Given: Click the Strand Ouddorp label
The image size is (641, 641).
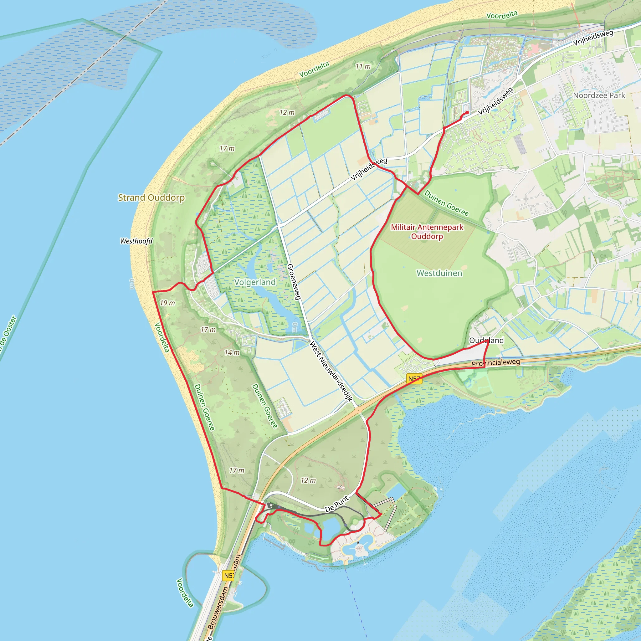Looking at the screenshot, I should pos(151,197).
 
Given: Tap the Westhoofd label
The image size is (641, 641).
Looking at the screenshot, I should pos(136,241).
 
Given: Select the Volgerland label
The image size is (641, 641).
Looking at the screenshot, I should pos(255,282).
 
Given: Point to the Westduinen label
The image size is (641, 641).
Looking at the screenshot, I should pos(439,273).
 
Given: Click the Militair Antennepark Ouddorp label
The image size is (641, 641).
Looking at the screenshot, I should pos(427,232).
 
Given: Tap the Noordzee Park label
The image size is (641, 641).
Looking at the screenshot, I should pos(599,95).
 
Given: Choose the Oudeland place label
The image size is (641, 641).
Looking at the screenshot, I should pos(486,341).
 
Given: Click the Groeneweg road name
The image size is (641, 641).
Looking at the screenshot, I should pos(294,282).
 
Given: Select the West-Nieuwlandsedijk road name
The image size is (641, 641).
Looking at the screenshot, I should pos(331,371).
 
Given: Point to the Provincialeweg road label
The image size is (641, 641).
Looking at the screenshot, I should pos(496,363).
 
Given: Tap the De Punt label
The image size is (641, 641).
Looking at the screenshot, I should pos(337,504).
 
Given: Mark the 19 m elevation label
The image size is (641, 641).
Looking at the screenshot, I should pos(167,303).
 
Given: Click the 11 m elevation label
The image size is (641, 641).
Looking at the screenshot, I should pos(363,66).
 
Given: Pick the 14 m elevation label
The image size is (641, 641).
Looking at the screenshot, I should pos(232,353).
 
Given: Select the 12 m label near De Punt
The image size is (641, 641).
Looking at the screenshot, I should pos(308,480).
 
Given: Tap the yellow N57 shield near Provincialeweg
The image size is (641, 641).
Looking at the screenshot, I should pos(414,379).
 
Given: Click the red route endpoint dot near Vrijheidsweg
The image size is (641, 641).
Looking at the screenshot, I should pos(467,112).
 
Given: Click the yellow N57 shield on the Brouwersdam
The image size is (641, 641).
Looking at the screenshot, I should pos(228,576).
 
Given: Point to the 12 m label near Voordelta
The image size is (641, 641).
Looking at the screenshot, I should pos(287,112).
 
